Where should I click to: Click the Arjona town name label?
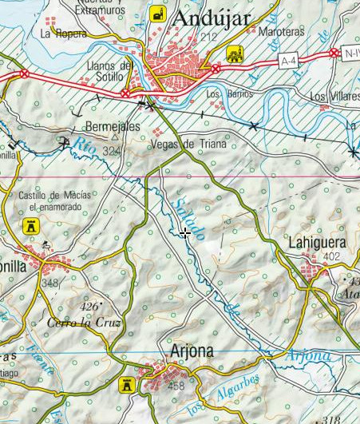coord(192,351)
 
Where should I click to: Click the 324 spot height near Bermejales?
coord(112,151)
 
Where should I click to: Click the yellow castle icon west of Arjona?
coord(125,386)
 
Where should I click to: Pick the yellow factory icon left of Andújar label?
coord(157,14)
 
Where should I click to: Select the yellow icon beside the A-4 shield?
coord(235,54)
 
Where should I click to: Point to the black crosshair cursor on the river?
coord(184,233)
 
